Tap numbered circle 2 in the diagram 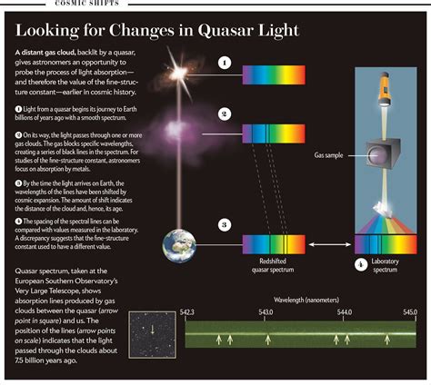point(224,114)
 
